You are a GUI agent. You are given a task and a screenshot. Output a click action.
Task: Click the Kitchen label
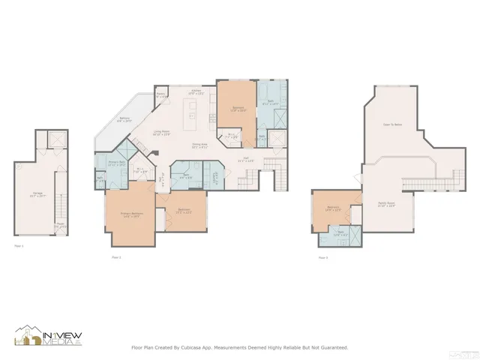tap(196, 92)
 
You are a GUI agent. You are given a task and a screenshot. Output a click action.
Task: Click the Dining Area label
tap(199, 145)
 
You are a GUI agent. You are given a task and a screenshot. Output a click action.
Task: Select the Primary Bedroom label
tap(131, 214)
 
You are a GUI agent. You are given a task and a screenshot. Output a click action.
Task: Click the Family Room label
tap(387, 205)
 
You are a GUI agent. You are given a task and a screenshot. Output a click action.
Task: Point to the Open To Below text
tap(392, 124)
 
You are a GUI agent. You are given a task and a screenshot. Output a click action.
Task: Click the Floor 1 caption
tap(19, 245)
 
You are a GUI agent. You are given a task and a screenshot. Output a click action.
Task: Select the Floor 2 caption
tap(115, 257)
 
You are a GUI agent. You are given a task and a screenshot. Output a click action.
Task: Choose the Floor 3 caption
tap(321, 257)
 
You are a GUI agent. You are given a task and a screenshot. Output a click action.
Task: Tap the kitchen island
tap(192, 115)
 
